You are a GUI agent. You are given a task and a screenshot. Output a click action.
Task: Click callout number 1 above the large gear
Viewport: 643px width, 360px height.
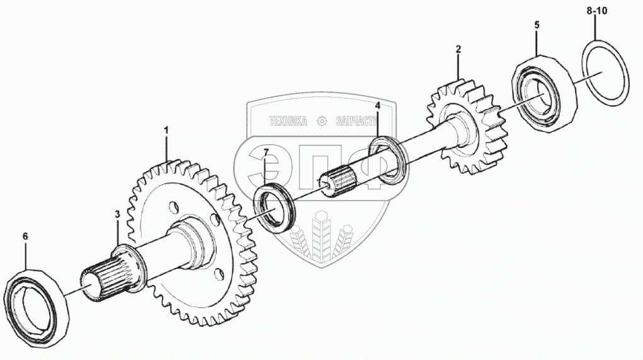click(x=166, y=130)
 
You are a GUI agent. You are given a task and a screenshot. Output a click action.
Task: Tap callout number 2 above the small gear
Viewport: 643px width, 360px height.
click(x=458, y=49)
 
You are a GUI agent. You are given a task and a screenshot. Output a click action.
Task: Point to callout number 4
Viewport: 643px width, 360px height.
click(x=377, y=106)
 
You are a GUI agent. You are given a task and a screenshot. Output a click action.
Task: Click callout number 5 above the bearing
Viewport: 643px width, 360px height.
click(x=537, y=25)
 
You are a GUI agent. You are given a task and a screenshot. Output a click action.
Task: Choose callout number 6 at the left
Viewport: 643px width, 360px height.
click(x=25, y=236)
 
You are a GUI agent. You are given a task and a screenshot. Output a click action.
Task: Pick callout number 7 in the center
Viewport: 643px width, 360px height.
click(x=266, y=153)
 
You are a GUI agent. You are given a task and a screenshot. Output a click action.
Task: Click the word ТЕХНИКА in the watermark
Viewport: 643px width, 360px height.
click(x=288, y=121)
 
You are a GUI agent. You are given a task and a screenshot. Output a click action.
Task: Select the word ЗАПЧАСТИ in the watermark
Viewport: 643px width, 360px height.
click(x=356, y=121)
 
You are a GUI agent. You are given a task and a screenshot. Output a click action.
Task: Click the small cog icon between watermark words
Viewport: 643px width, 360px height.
click(x=322, y=121)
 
